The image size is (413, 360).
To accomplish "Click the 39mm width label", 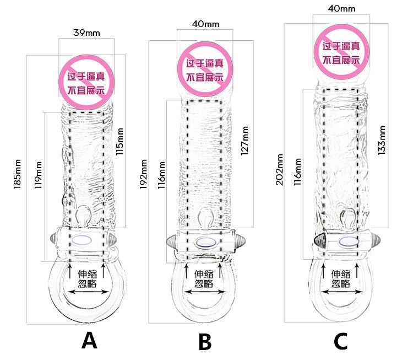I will click(x=86, y=33).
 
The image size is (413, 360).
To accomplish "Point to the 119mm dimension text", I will click(x=39, y=175).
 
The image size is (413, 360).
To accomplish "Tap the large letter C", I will click(x=341, y=341).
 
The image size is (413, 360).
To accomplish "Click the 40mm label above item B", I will click(x=206, y=24).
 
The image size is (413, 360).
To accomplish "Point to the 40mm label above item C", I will click(x=341, y=9).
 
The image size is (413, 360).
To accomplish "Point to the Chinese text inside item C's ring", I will click(x=341, y=279).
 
